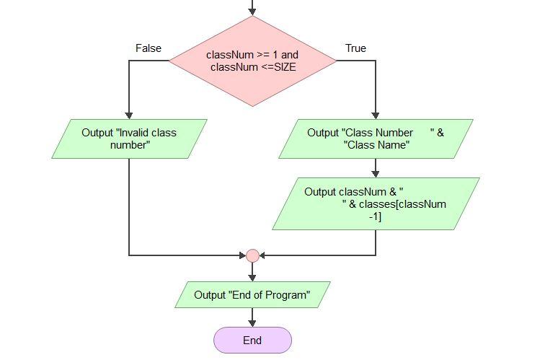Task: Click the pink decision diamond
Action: tap(252, 61)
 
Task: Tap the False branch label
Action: tap(149, 48)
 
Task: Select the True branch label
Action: tap(355, 48)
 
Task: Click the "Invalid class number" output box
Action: tap(129, 139)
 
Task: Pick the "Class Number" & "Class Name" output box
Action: tap(376, 139)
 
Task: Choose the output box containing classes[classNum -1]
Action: tap(376, 203)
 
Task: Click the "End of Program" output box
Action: tap(252, 295)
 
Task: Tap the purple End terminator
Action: tap(252, 341)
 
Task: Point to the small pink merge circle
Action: tap(252, 255)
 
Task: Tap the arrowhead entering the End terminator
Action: tap(252, 323)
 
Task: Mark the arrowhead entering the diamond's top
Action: tap(252, 12)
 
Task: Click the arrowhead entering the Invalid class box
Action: tap(129, 115)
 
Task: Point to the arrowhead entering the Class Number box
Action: tap(376, 115)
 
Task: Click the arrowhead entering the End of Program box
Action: tap(252, 278)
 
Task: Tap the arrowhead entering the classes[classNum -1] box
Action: tap(376, 174)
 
